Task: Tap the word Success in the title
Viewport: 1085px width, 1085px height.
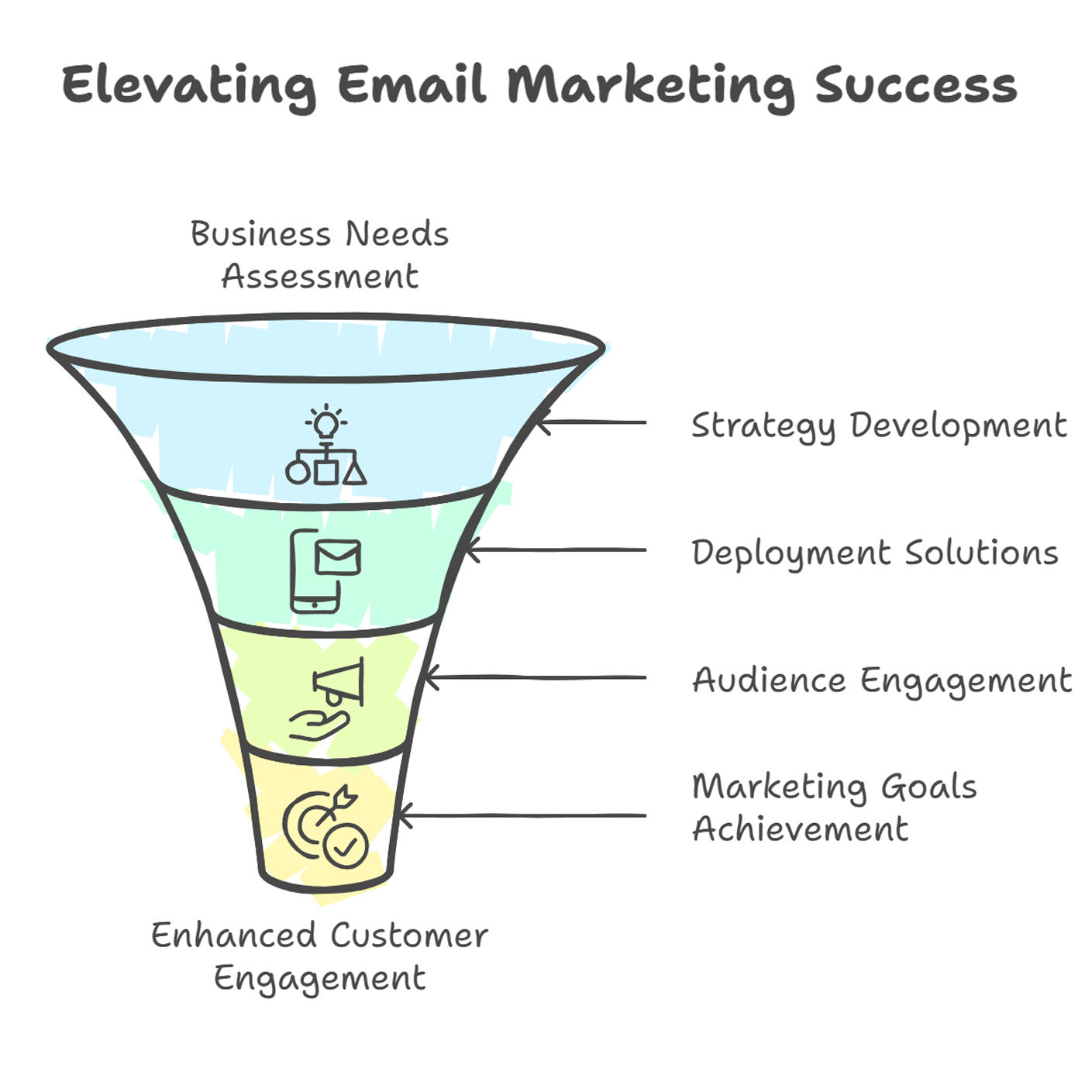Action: click(915, 85)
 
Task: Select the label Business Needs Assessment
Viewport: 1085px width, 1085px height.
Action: click(320, 254)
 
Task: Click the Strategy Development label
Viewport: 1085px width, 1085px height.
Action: click(878, 426)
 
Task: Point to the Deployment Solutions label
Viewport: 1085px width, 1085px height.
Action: click(874, 553)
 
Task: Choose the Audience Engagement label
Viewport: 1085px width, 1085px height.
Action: click(881, 680)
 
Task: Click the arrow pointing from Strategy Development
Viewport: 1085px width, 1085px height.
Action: click(591, 422)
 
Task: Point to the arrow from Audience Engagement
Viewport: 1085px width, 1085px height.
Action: click(536, 677)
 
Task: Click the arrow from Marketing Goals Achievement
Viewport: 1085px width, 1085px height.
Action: click(522, 815)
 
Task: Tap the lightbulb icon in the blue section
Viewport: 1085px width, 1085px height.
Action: click(326, 421)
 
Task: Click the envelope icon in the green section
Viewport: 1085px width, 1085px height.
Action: click(338, 556)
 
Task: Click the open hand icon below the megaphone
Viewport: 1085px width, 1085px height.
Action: click(319, 725)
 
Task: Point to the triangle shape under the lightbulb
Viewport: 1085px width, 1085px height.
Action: click(355, 473)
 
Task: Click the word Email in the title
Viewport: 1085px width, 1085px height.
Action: click(412, 84)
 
